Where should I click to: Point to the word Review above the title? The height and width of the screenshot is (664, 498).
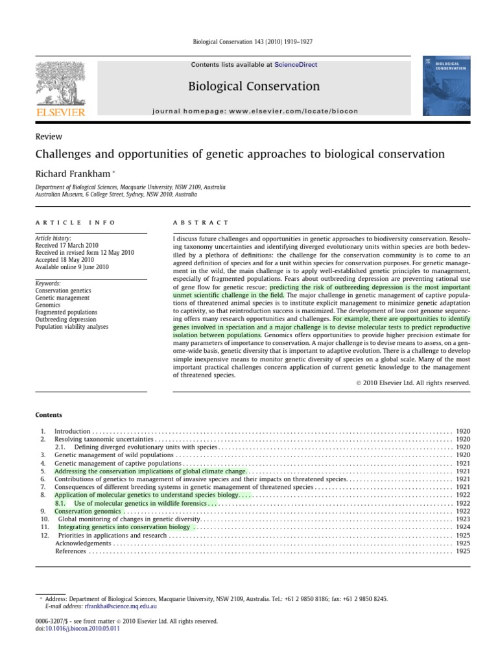pos(48,137)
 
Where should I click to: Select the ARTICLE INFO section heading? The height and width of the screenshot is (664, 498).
pos(75,222)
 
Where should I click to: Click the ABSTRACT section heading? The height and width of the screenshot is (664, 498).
pos(200,222)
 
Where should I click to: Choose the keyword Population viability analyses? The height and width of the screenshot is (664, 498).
pos(71,327)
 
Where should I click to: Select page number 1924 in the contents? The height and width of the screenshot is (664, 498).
pos(463,527)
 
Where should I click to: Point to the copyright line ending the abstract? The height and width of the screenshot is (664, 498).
pos(413,383)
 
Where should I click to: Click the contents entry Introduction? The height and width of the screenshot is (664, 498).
pos(72,431)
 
